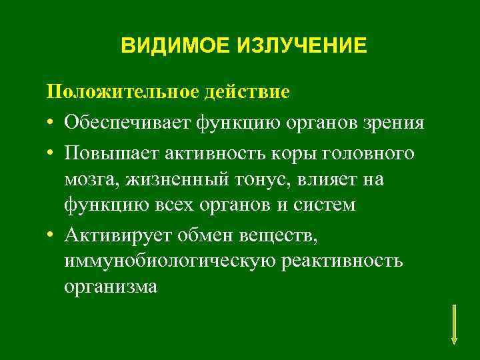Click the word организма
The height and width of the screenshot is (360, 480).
111,287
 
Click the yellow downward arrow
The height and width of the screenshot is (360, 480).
454,324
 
